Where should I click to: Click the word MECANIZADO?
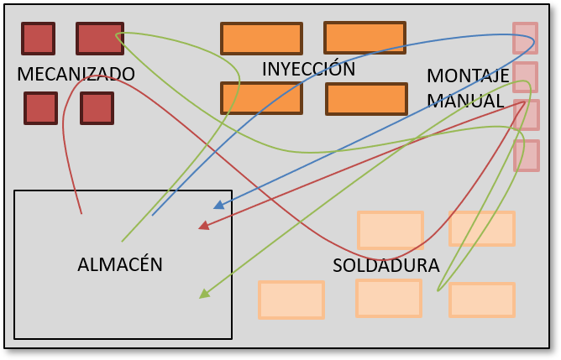coord(76,74)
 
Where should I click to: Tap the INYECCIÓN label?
coord(308,69)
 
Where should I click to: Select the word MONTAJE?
coord(468,76)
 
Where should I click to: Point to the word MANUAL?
coord(465,101)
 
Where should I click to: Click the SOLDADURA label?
coord(385,265)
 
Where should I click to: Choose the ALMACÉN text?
coord(120,264)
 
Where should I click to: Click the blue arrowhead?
coord(218,205)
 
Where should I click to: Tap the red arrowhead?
coord(203,225)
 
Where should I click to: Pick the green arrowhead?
coord(203,294)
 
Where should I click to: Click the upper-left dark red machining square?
coord(38,39)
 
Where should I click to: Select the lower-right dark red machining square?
coord(97,108)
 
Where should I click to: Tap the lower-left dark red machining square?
coord(40,108)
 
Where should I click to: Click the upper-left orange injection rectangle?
coord(261,39)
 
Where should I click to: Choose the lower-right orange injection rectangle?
coord(366,99)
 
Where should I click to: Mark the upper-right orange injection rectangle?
coord(364,38)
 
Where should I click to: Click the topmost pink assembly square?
coord(525,38)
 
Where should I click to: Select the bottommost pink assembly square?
coord(526,155)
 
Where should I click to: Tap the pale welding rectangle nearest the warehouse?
coord(291,300)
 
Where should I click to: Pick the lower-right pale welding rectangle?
coord(481,300)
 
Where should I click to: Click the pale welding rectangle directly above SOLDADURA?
coord(390,230)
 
